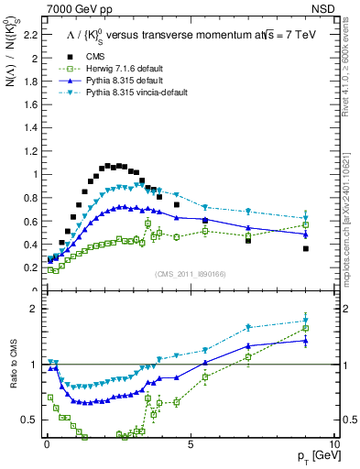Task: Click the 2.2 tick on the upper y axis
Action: click(x=32, y=36)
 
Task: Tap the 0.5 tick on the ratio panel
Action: click(x=30, y=420)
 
